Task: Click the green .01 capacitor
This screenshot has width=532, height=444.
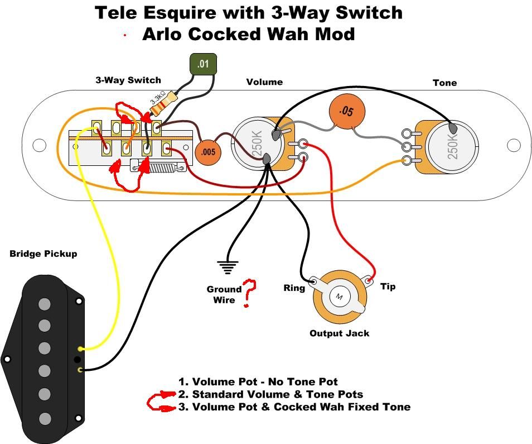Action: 203,64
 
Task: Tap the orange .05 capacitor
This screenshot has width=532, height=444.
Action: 347,111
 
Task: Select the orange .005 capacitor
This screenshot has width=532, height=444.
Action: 207,152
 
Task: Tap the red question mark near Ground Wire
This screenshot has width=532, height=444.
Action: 249,293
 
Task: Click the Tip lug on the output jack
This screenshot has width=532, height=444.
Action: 369,280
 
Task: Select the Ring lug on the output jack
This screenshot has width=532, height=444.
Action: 314,281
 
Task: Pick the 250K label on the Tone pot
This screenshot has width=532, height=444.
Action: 453,146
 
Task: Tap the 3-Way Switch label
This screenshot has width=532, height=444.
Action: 128,80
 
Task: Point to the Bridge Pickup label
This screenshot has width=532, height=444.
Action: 43,254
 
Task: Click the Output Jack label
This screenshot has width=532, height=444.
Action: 339,333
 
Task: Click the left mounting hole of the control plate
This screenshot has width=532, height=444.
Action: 39,145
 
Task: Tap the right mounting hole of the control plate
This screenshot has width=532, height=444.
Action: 514,145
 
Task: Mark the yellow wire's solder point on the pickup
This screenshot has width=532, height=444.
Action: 80,349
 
